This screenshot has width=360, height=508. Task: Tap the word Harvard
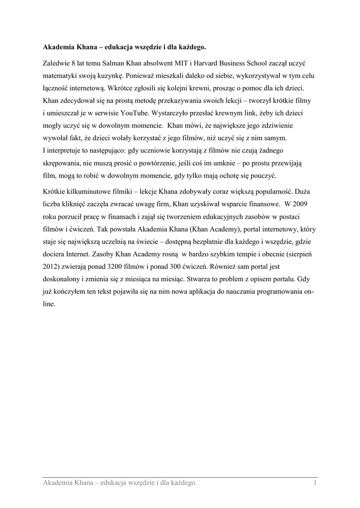tap(196, 63)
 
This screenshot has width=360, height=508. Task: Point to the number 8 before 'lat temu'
tap(74, 63)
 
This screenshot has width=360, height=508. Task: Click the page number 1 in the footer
tap(315, 483)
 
